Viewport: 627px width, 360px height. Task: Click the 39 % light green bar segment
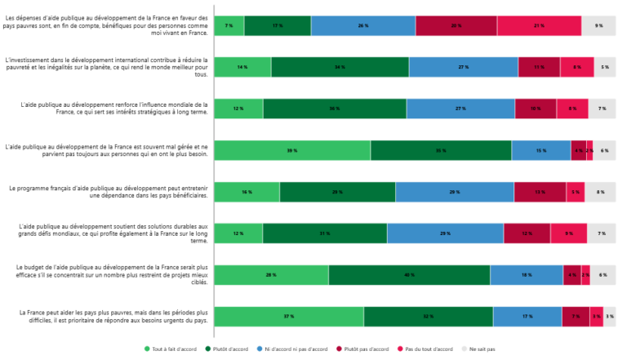(x=291, y=151)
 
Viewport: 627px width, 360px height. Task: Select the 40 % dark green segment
(x=409, y=275)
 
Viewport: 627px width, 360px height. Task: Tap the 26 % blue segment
(x=362, y=26)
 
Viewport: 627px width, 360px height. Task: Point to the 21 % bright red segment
(x=539, y=26)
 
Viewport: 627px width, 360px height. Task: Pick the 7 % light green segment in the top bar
(x=229, y=26)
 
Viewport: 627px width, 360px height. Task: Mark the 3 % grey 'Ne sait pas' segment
(x=610, y=317)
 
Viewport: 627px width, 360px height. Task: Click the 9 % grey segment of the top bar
(x=598, y=26)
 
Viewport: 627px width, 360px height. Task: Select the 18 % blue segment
(x=527, y=275)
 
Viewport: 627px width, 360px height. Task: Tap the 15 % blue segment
(x=540, y=151)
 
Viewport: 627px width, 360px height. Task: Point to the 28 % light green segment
(x=271, y=275)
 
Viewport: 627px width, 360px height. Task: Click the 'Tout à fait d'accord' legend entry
(x=171, y=349)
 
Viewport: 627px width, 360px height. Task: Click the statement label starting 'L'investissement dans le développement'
(x=107, y=67)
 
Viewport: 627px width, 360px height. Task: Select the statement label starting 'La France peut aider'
(x=107, y=316)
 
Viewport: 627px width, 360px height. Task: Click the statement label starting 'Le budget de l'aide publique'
(x=107, y=275)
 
